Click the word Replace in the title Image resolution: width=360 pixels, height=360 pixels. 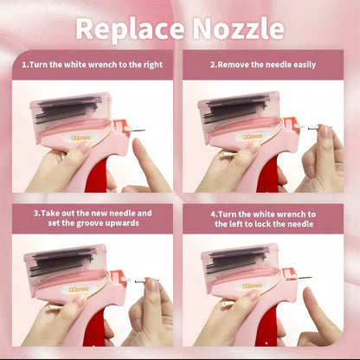(130, 29)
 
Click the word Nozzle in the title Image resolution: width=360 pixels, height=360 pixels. (238, 29)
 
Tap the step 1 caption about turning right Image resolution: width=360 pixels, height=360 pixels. (93, 65)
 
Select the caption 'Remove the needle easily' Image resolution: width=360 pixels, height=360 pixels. (263, 65)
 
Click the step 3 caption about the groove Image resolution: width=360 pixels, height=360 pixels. (93, 218)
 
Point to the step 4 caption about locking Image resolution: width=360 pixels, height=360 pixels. (263, 219)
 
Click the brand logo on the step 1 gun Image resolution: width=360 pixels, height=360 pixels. (81, 138)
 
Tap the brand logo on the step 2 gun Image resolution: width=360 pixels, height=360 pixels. (253, 137)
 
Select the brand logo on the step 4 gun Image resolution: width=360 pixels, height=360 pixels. (253, 286)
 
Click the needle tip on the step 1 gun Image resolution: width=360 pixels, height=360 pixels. (145, 131)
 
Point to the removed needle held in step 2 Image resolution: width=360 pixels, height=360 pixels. (319, 128)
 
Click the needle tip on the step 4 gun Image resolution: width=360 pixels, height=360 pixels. (312, 278)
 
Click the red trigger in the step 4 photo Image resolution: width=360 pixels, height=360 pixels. (267, 326)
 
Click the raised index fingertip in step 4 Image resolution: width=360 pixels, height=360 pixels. (308, 292)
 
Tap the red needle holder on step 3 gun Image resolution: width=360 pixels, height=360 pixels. (116, 276)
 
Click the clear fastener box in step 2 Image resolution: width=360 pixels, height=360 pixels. (239, 115)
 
